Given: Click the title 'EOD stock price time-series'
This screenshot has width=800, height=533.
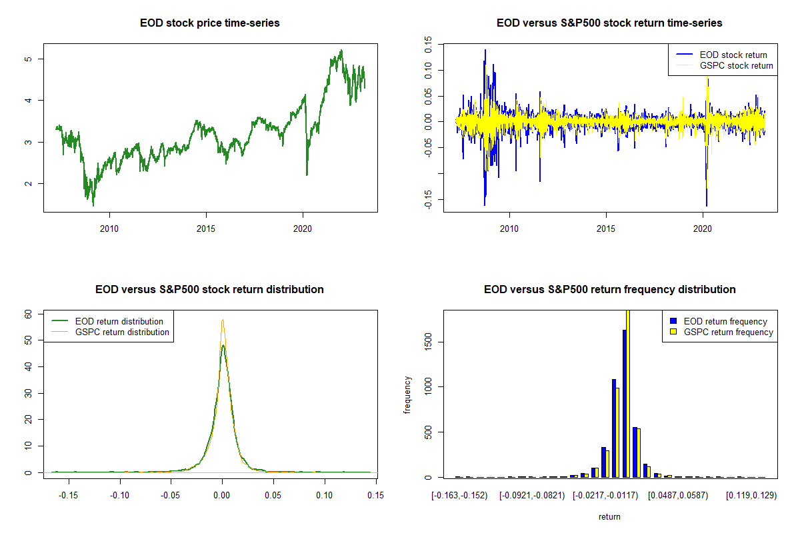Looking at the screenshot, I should [210, 23].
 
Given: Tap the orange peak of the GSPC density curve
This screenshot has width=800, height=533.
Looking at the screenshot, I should [223, 320].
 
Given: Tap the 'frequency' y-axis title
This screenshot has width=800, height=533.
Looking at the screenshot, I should [407, 395].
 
